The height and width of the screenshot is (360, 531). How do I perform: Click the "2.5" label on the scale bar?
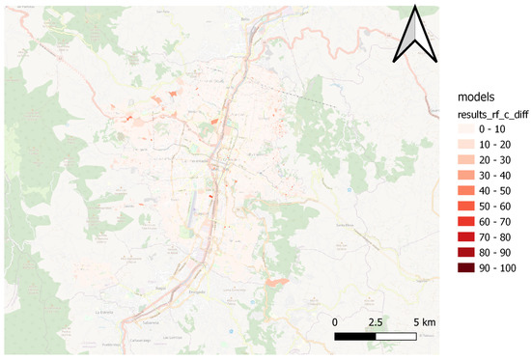(376, 320)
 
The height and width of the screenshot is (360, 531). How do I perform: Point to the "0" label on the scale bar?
(334, 320)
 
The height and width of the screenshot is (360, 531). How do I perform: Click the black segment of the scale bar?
(355, 336)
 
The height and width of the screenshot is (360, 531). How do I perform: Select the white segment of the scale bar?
(397, 336)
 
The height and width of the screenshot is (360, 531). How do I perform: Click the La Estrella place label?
(105, 313)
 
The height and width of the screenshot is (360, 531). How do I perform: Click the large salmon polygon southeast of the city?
(276, 281)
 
